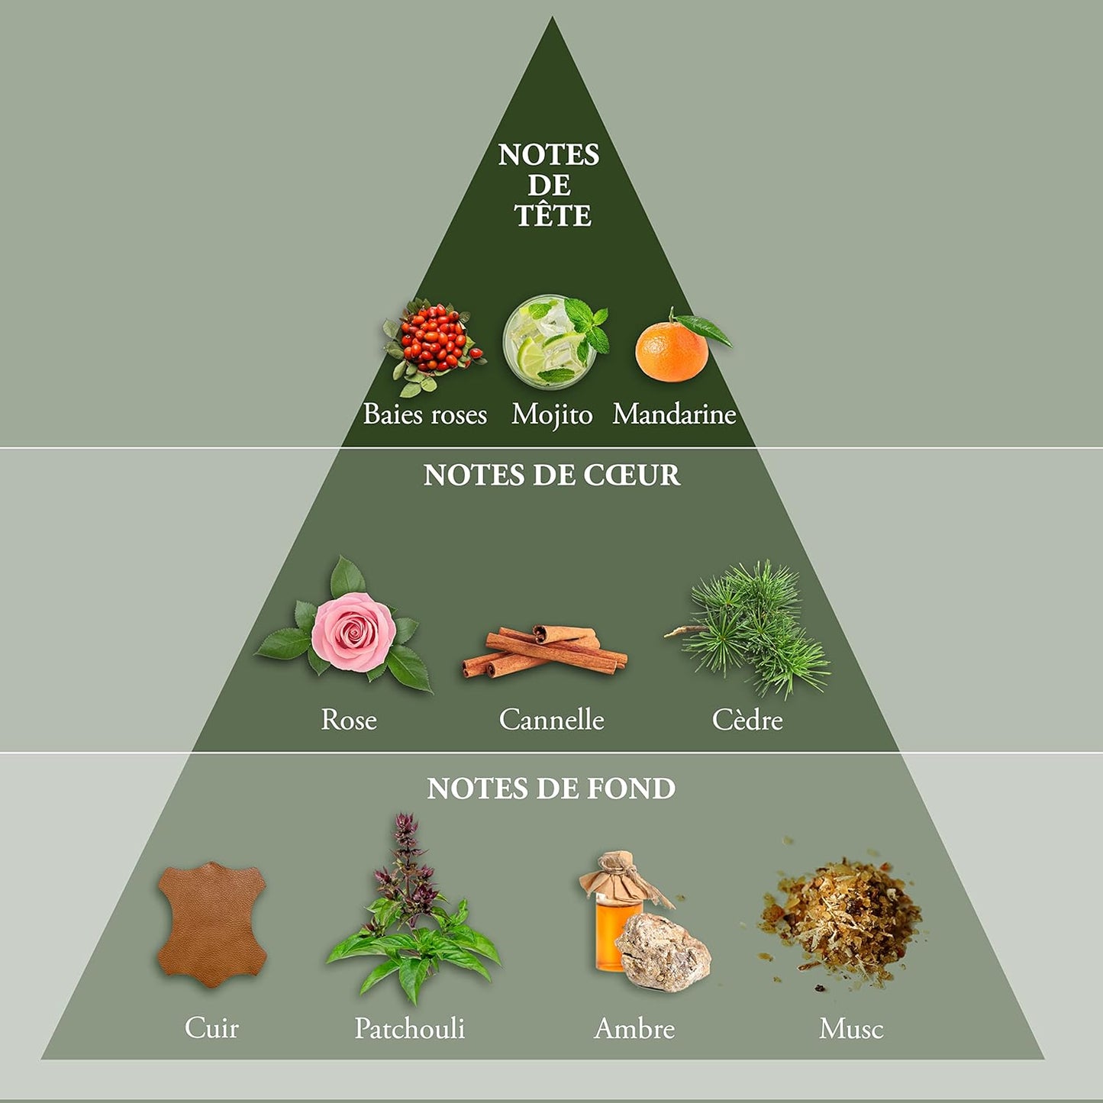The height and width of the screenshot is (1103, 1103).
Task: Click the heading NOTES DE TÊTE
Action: pos(550,185)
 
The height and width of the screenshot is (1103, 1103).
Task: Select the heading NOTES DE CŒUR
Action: pos(551,476)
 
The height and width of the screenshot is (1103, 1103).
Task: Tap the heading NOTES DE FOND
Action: pos(551,789)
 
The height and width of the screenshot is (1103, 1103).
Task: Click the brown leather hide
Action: pos(211,926)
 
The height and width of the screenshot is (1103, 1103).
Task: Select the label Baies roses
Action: pos(424,414)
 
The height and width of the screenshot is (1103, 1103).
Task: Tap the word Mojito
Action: pos(552,414)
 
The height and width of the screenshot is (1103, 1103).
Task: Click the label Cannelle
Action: pos(551,720)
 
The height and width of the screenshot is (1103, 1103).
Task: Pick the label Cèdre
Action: pos(747,720)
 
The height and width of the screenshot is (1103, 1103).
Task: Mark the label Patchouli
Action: pos(410,1029)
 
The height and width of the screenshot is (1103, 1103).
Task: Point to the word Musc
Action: pos(851,1029)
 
